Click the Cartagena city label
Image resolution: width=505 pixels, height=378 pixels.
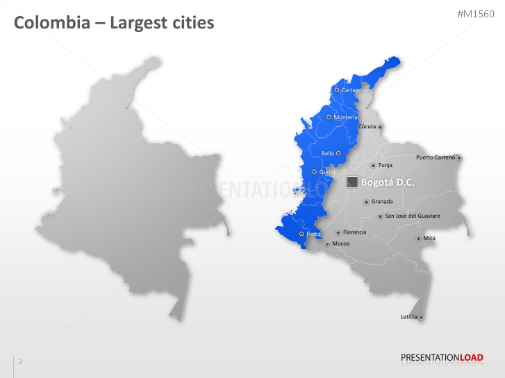coord(354,90)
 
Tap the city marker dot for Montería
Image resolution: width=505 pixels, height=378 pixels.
coord(329,117)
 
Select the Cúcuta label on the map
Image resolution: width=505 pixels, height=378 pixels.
coord(367,127)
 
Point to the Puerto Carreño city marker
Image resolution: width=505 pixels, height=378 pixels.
coord(458,157)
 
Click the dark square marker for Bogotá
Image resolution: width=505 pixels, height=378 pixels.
coord(352,182)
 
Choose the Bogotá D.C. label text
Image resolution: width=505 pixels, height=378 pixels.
coord(388,182)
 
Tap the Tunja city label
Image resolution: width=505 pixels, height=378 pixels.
coord(385,165)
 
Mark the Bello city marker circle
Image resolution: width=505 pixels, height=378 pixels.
coord(338,153)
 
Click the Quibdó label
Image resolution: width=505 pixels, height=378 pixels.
coord(329,171)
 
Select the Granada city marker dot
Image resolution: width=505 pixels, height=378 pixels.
coord(366,202)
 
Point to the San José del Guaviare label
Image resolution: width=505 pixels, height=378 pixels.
coord(413,216)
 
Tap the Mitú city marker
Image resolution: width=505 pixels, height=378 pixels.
coord(417,239)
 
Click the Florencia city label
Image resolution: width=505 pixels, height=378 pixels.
coord(354,232)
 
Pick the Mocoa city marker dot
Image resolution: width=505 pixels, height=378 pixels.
coord(326,244)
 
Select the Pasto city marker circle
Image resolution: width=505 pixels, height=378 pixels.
coord(301,234)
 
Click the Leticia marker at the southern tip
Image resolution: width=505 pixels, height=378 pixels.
coord(421,318)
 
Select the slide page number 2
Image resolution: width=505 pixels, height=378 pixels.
coord(20,361)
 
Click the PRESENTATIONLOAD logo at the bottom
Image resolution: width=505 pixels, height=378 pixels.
coord(441,358)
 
